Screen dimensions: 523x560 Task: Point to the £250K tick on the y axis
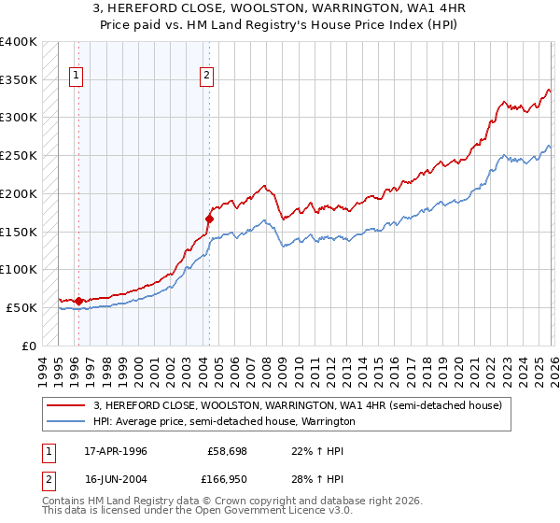tap(19, 155)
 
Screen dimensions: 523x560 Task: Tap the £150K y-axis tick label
tap(19, 232)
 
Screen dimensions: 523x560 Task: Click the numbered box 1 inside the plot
tap(75, 78)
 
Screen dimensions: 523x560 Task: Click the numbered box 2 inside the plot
tap(205, 78)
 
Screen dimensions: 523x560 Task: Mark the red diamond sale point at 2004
tap(209, 219)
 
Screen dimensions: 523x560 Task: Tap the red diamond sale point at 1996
tap(78, 301)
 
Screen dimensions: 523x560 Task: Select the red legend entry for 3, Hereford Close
tap(298, 405)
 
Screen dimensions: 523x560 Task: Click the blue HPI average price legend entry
tap(224, 421)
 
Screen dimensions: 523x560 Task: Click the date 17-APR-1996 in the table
tap(115, 451)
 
